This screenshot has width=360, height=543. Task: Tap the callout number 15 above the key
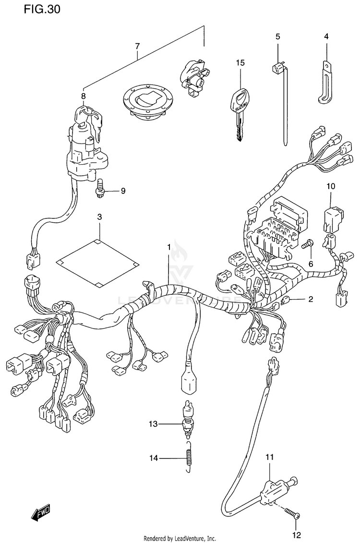tap(240, 63)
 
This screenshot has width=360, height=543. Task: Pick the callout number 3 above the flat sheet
tap(99, 217)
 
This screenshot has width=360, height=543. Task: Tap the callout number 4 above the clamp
tap(326, 36)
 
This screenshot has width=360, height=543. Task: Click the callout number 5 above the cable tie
tap(277, 36)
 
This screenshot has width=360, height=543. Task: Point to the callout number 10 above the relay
tap(331, 186)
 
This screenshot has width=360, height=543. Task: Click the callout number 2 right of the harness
tap(311, 300)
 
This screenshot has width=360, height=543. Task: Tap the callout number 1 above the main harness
tap(169, 246)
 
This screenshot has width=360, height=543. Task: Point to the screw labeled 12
tap(293, 514)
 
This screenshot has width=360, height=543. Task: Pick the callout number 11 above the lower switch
tap(269, 457)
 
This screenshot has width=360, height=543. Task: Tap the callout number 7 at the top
tap(137, 46)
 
